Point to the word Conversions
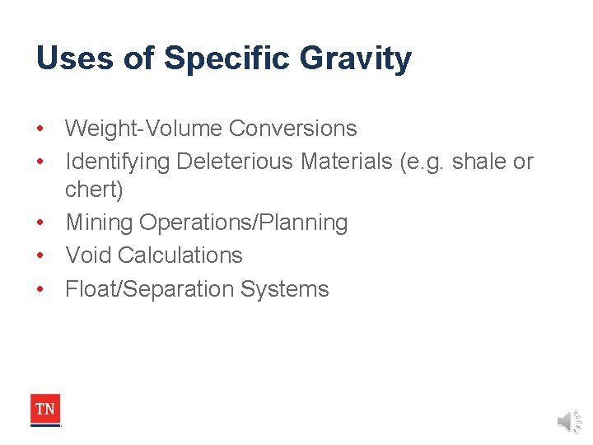tap(293, 129)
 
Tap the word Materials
tap(346, 162)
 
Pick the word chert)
tap(94, 190)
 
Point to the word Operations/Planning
tap(244, 222)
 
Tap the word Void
tap(88, 255)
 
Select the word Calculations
tap(180, 255)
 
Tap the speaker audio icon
tap(569, 422)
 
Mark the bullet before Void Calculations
tap(40, 255)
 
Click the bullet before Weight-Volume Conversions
tap(40, 129)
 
